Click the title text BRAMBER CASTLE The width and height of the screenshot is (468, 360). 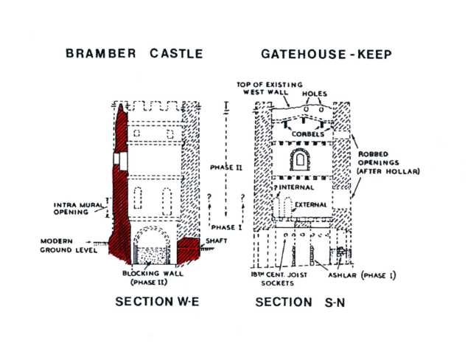[x=133, y=54]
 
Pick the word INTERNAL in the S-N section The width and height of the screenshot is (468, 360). [x=296, y=187]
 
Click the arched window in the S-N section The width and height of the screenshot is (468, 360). [x=301, y=160]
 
